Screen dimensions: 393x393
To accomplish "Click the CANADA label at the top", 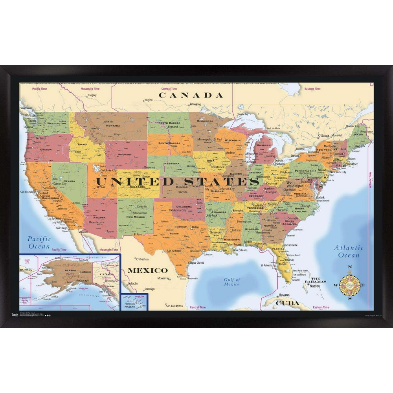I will click(191, 95).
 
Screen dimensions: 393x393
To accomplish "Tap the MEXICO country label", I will click(147, 270).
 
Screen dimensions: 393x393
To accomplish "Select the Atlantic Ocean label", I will click(349, 252).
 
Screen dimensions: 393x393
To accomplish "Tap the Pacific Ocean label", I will click(39, 242).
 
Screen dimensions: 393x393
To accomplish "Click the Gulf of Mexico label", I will click(232, 282).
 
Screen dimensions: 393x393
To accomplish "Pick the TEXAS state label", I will click(174, 233).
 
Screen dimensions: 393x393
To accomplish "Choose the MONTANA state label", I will click(113, 126).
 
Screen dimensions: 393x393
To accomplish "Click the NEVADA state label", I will click(69, 181).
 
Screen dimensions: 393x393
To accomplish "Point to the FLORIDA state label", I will click(278, 249).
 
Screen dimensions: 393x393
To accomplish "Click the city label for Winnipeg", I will click(195, 105).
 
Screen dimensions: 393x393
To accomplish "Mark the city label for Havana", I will click(284, 295).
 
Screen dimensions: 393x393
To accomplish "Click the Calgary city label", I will click(92, 95).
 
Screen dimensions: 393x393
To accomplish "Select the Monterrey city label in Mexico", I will click(163, 278).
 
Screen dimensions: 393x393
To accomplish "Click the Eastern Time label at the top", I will click(312, 89).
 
